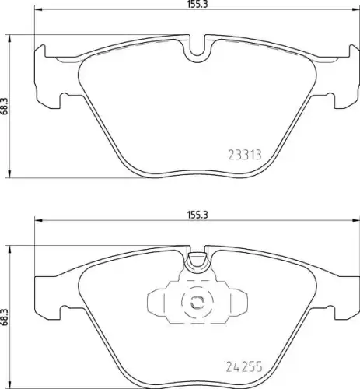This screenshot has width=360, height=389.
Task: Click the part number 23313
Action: click(245, 155)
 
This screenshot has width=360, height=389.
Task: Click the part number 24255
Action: click(244, 366)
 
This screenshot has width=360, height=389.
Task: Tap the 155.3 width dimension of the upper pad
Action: click(197, 5)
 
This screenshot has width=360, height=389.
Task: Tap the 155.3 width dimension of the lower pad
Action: click(197, 215)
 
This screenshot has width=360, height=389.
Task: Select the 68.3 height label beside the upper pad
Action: click(4, 107)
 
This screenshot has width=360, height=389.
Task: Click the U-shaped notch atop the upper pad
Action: click(197, 48)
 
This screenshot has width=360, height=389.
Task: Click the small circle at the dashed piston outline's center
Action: click(197, 302)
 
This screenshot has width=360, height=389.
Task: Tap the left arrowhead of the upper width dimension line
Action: click(38, 10)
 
